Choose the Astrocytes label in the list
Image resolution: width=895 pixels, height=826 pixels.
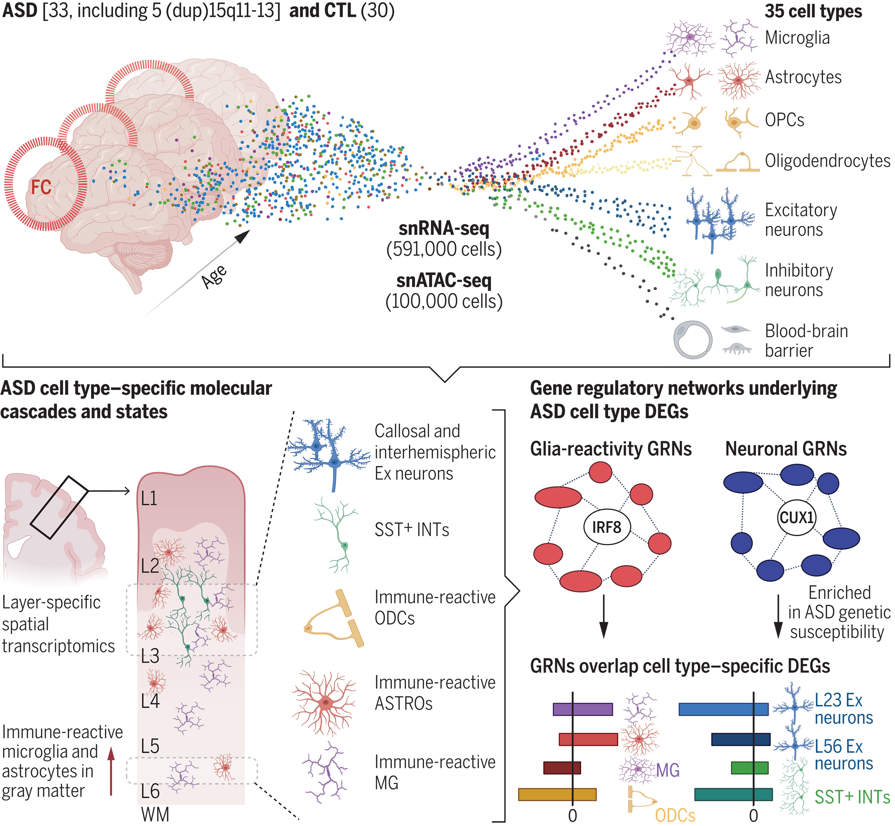(x=803, y=77)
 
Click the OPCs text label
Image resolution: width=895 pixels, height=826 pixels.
(x=784, y=120)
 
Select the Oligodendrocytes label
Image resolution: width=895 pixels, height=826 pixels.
(x=827, y=161)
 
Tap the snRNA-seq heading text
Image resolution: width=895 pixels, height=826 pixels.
(x=444, y=228)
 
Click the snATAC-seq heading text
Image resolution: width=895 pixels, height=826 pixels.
(x=444, y=280)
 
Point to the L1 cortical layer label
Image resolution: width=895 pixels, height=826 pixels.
(x=149, y=498)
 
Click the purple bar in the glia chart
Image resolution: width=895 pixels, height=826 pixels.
(x=583, y=709)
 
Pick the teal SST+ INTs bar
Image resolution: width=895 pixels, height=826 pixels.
(x=733, y=794)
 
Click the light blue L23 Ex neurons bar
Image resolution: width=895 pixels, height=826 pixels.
(x=723, y=709)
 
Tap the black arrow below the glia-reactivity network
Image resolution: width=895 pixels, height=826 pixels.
(x=604, y=616)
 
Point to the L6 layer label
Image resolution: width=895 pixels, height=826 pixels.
(x=150, y=791)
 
